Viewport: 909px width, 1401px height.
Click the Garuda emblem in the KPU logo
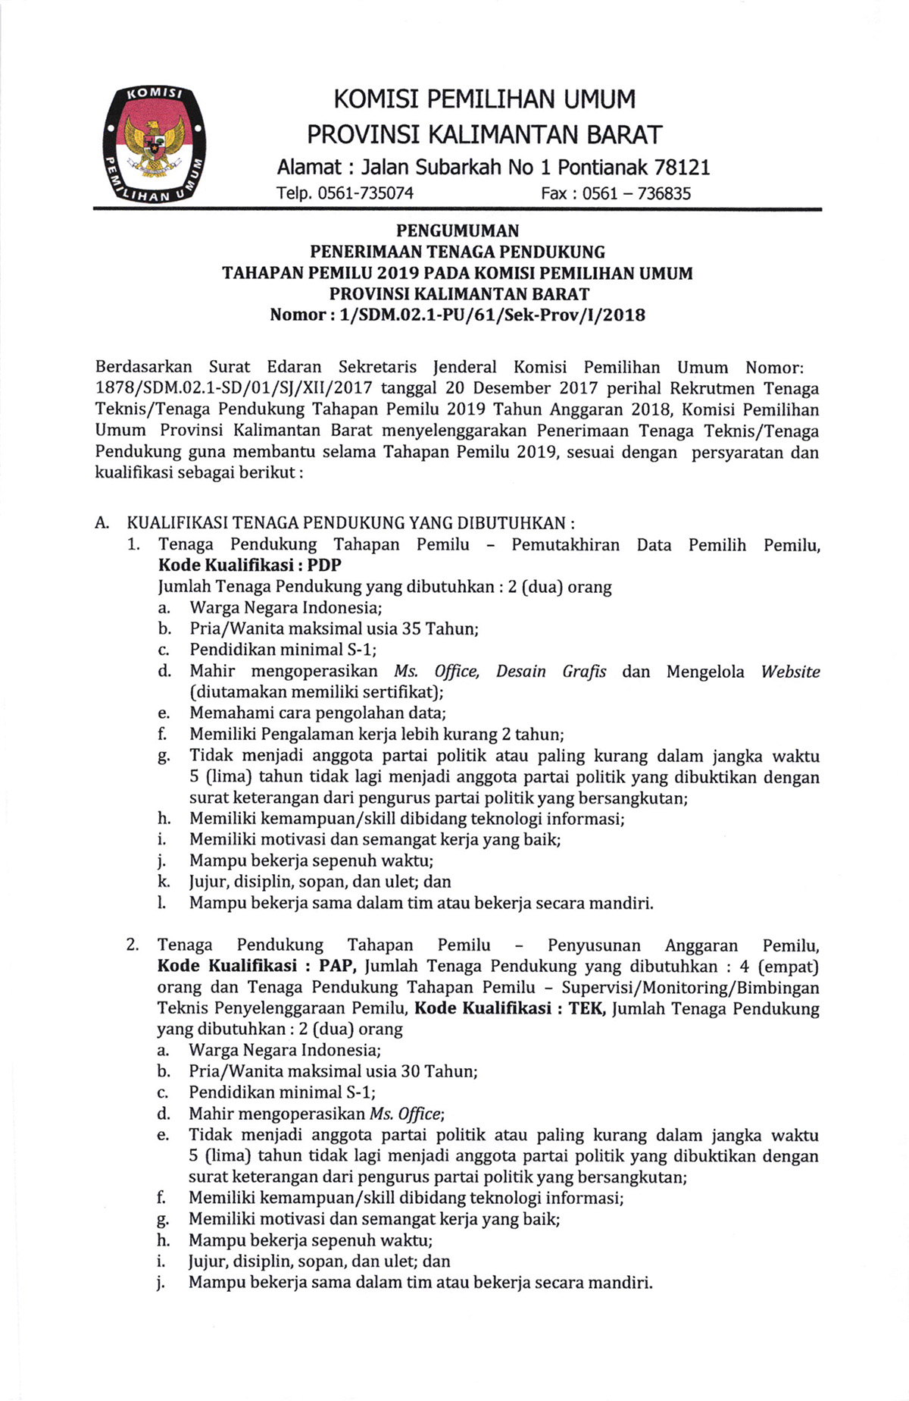click(156, 143)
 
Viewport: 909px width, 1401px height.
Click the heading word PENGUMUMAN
click(457, 230)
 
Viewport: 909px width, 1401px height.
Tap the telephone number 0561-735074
click(366, 193)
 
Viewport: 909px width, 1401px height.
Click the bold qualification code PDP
click(324, 566)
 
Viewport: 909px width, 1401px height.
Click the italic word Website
click(790, 672)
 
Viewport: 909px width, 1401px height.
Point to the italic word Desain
click(520, 672)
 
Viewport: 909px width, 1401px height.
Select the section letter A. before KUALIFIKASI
click(103, 523)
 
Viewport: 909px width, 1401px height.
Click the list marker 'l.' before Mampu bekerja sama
click(162, 903)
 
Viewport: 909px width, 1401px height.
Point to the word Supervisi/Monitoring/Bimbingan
click(690, 988)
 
